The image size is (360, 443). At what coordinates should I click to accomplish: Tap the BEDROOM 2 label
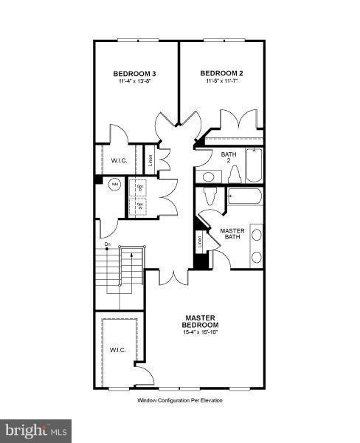(221, 73)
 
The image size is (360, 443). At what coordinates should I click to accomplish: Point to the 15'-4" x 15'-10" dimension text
(201, 333)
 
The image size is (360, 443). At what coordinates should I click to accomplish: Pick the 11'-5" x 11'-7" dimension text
(221, 81)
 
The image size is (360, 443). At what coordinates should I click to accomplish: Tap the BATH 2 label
(229, 157)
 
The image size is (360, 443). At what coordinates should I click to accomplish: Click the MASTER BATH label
(232, 234)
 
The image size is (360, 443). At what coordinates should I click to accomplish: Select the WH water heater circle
(114, 185)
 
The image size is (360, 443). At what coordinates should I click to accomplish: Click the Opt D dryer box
(139, 188)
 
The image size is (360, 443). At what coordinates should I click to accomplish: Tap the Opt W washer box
(139, 206)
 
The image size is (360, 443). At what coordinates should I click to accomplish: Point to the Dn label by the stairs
(107, 244)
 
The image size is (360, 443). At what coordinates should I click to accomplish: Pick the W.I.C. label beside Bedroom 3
(120, 161)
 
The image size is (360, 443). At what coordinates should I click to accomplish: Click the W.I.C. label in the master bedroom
(119, 349)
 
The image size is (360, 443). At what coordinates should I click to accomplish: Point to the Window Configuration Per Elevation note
(179, 400)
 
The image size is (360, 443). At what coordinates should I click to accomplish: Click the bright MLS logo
(36, 428)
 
